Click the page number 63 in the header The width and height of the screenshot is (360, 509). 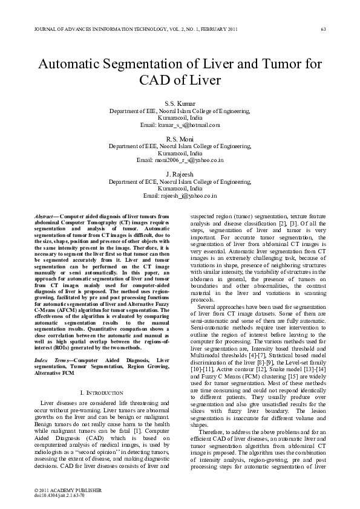click(324, 30)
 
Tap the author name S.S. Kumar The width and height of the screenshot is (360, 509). click(180, 104)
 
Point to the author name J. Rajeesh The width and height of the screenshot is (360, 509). click(180, 173)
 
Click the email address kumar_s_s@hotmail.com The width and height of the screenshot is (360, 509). click(188, 125)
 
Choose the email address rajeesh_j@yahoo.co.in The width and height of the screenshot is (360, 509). click(188, 195)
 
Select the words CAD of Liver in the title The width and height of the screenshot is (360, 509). click(180, 80)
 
